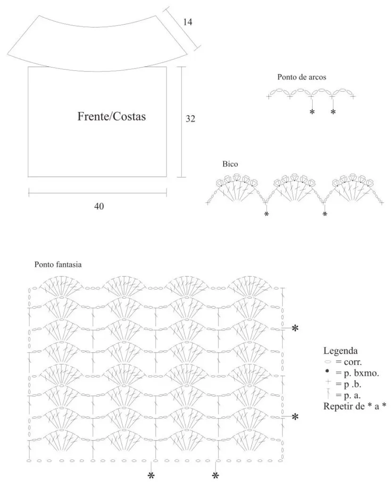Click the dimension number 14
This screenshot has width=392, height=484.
tap(187, 22)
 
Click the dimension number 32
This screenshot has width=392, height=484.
tap(190, 119)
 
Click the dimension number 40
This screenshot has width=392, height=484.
tap(99, 206)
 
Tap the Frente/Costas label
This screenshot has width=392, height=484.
tap(111, 116)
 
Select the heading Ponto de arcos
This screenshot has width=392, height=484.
tap(302, 77)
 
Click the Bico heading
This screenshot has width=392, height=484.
tap(230, 164)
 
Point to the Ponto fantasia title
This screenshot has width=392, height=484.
tap(58, 265)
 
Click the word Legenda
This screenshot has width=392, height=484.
tap(341, 351)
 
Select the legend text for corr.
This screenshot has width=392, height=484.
tap(349, 362)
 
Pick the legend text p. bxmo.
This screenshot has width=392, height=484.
tap(357, 373)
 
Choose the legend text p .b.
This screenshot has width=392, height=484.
tap(348, 384)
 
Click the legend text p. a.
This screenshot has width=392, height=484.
tap(348, 396)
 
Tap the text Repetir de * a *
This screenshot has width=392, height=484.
tap(355, 406)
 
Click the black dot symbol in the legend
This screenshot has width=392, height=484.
tap(327, 371)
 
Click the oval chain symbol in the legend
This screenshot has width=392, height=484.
tap(327, 362)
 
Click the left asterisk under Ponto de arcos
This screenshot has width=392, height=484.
tap(312, 112)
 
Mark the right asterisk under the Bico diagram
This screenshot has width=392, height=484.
tap(325, 214)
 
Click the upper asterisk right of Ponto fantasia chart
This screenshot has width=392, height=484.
tap(295, 328)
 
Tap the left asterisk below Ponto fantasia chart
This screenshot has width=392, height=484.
tap(151, 475)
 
